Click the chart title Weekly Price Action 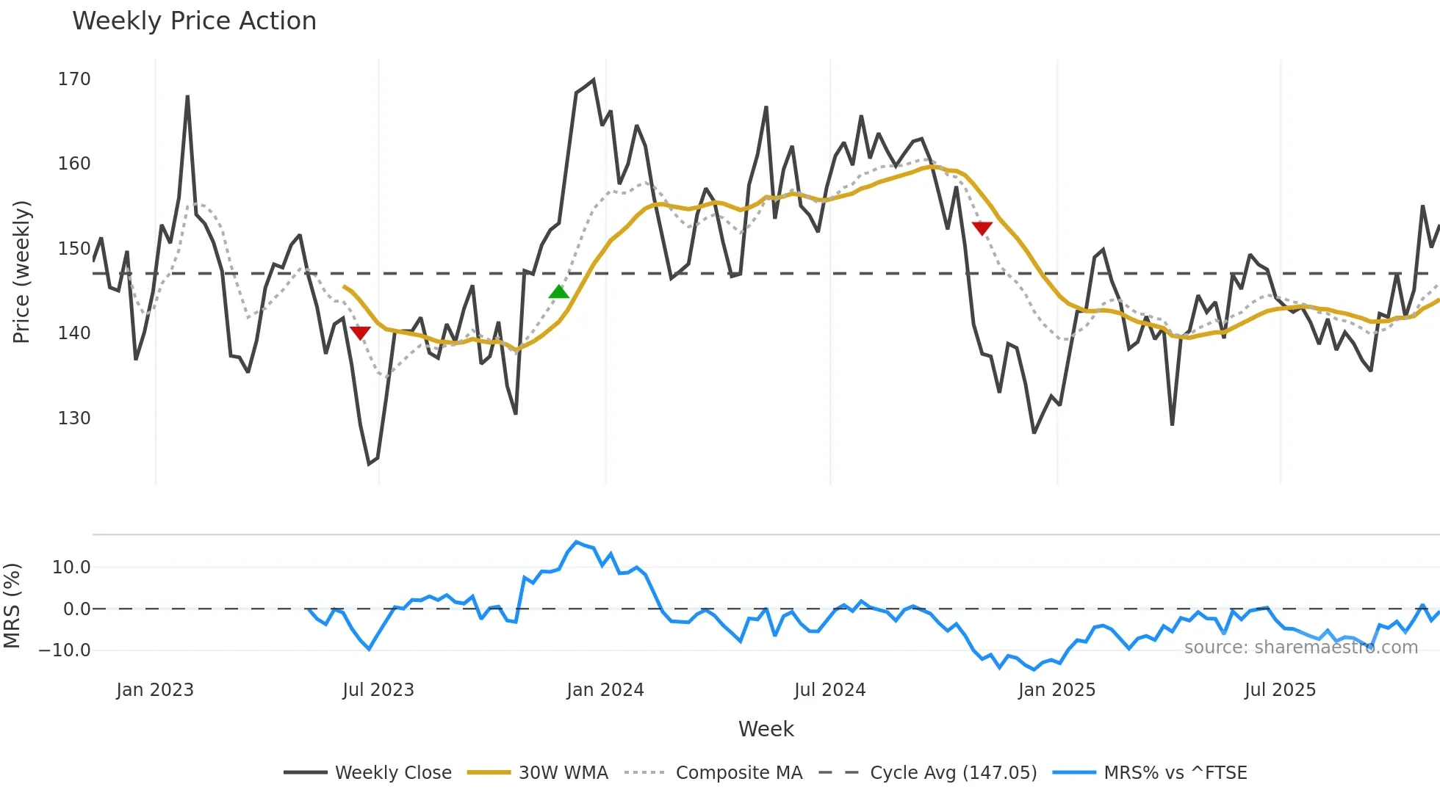point(194,21)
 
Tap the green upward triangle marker point(559,292)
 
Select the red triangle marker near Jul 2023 point(360,333)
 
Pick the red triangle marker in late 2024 point(982,228)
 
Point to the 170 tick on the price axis point(74,79)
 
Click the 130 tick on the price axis point(74,418)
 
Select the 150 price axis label point(74,249)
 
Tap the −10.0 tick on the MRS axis point(65,650)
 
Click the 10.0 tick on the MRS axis point(71,567)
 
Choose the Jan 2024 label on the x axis point(605,690)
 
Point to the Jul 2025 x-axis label point(1280,690)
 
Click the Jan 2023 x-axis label point(155,690)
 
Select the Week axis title point(766,729)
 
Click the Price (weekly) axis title point(22,272)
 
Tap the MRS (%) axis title point(12,606)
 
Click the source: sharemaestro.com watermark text point(1300,647)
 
